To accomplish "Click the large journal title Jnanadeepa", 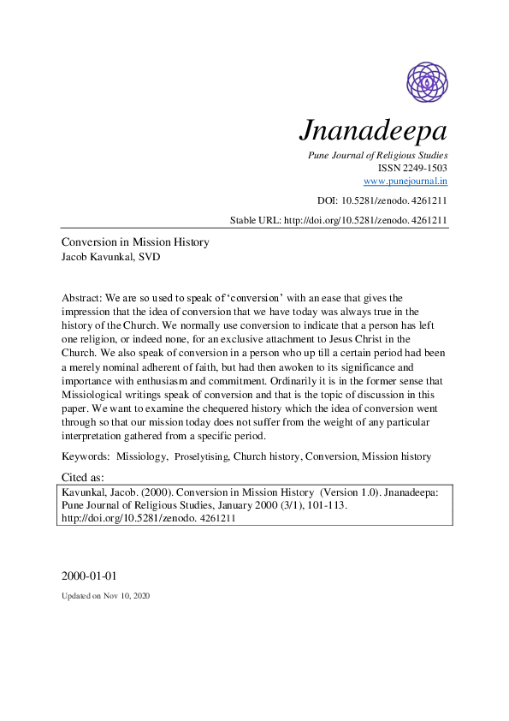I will pyautogui.click(x=374, y=131).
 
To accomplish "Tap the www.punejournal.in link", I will pyautogui.click(x=405, y=181).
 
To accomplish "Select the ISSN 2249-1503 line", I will pyautogui.click(x=413, y=168).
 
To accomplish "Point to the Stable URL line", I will pyautogui.click(x=339, y=220).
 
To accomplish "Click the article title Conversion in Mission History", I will pyautogui.click(x=135, y=242).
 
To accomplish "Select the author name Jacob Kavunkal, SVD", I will pyautogui.click(x=110, y=257).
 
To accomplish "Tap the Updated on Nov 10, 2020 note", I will pyautogui.click(x=105, y=595).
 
